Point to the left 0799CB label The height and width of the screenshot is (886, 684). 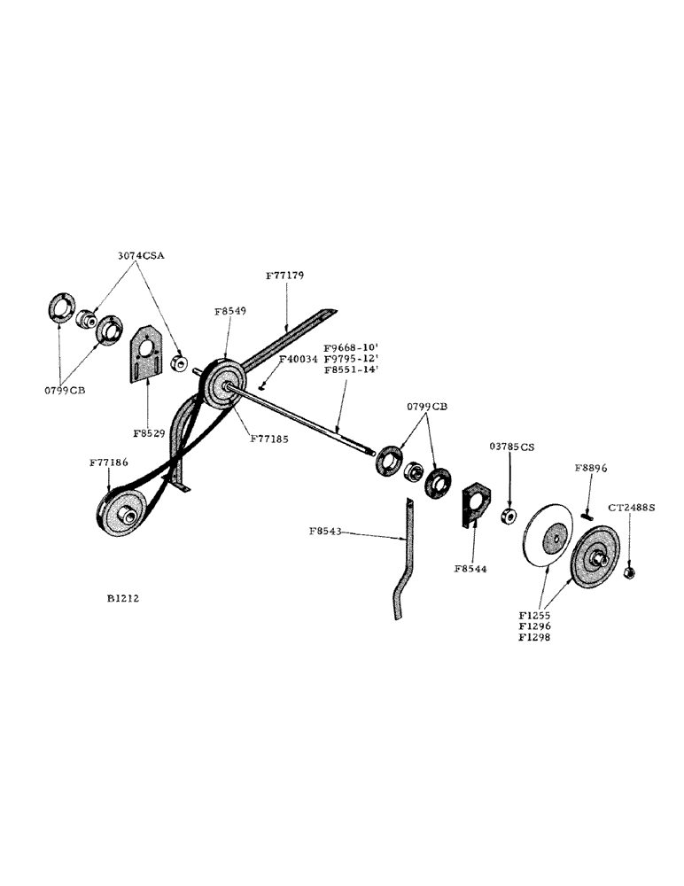click(66, 390)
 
